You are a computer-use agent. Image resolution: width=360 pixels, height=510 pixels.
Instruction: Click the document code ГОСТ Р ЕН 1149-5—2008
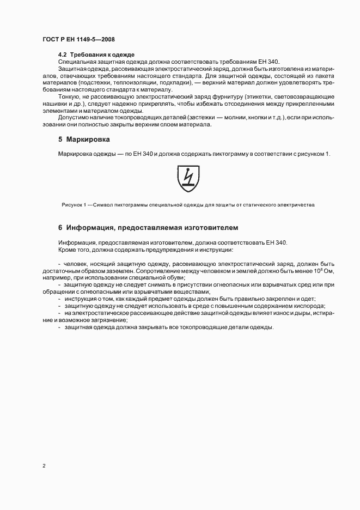coord(78,40)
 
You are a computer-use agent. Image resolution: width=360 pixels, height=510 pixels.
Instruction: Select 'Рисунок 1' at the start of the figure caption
coord(74,205)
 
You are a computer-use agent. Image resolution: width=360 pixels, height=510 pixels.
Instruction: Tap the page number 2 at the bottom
coord(43,465)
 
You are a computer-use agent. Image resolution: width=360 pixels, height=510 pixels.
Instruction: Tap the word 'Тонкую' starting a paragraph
coord(68,96)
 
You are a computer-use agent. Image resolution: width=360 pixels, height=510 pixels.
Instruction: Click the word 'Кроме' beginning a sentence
coord(68,250)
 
